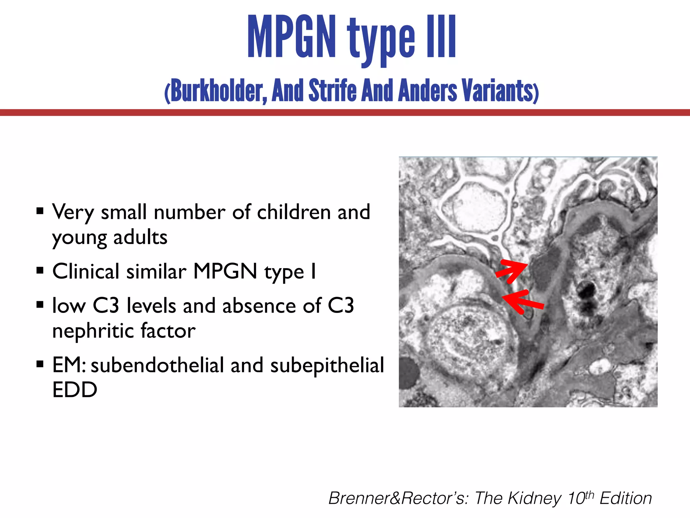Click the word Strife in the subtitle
pyautogui.click(x=332, y=90)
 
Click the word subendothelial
pyautogui.click(x=157, y=365)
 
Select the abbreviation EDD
pyautogui.click(x=75, y=390)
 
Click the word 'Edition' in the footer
pyautogui.click(x=626, y=498)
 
